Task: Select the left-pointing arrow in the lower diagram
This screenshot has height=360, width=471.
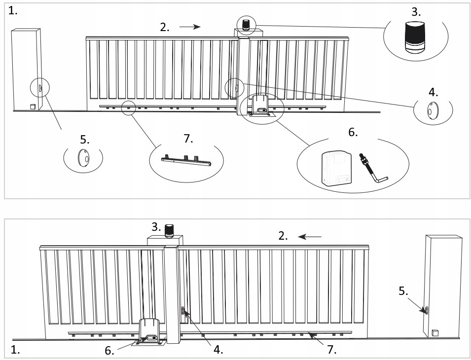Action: [310, 237]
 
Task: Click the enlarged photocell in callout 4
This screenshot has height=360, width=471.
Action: [433, 111]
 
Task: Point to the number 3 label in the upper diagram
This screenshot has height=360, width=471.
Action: [416, 11]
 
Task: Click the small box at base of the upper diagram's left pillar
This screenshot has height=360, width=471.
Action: [33, 106]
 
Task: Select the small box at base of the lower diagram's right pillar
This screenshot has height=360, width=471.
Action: [435, 333]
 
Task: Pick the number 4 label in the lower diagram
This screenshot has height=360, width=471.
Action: [217, 350]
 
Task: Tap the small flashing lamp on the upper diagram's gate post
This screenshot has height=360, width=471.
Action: [246, 24]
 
